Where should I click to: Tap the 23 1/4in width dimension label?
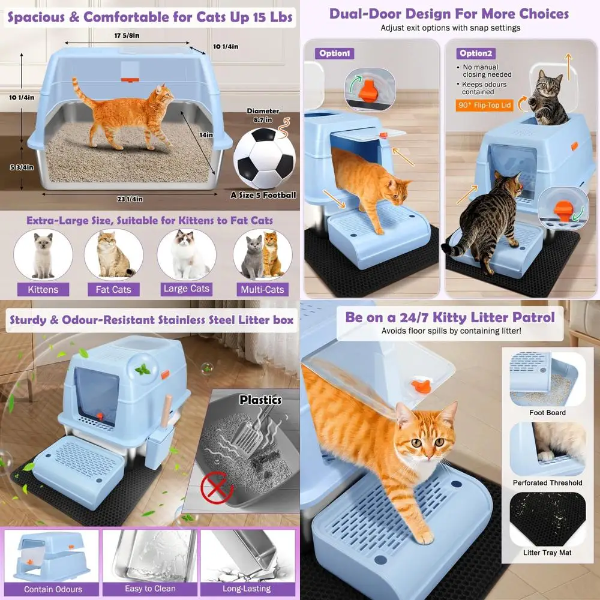(127, 199)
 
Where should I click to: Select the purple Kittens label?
(43, 289)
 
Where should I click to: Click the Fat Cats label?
(113, 290)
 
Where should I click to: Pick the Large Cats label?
(187, 289)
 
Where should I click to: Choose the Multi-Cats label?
(262, 289)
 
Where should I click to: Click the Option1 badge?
(334, 53)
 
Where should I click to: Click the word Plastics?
(260, 400)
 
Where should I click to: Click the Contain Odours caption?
(53, 589)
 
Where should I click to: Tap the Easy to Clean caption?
(151, 589)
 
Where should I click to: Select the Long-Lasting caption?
(247, 589)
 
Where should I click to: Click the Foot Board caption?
(547, 413)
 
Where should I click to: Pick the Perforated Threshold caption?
(547, 482)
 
